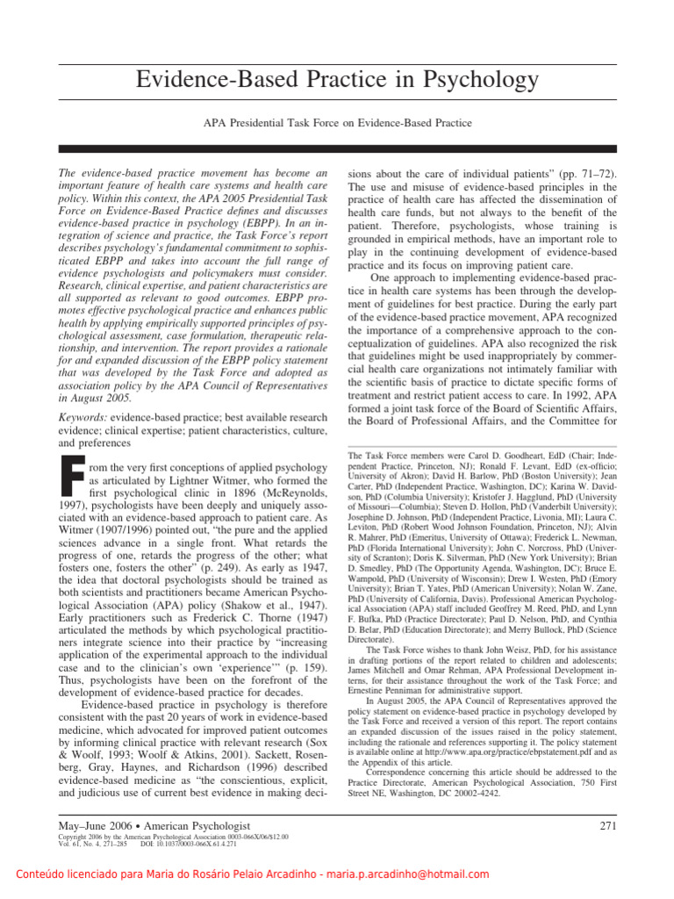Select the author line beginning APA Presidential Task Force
click(337, 124)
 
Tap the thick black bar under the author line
click(337, 149)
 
